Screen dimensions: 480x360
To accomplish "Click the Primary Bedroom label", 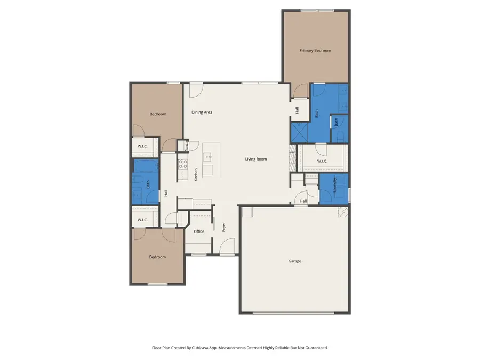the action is pyautogui.click(x=315, y=50).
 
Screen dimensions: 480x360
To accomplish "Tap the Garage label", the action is pyautogui.click(x=294, y=261).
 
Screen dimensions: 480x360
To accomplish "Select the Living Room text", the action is pyautogui.click(x=256, y=159).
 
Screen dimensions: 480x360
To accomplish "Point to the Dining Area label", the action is pyautogui.click(x=202, y=113).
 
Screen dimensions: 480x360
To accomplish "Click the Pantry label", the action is pyautogui.click(x=187, y=146).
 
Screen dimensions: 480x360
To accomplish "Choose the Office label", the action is pyautogui.click(x=199, y=231).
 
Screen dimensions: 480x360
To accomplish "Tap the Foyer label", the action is pyautogui.click(x=224, y=227).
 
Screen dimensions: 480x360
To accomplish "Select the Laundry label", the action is pyautogui.click(x=334, y=185).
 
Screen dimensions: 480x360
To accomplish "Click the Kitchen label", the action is pyautogui.click(x=196, y=174).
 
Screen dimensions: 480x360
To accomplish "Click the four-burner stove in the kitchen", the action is pyautogui.click(x=183, y=164).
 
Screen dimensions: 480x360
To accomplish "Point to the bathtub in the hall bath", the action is pyautogui.click(x=146, y=166).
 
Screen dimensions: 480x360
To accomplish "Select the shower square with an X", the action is pyautogui.click(x=299, y=133).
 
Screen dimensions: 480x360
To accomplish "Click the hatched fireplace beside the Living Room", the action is pyautogui.click(x=293, y=158).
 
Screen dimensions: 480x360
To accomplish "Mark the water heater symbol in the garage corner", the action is pyautogui.click(x=343, y=212).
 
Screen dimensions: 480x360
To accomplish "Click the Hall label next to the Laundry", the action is pyautogui.click(x=303, y=201).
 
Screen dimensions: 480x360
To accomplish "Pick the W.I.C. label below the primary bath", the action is pyautogui.click(x=322, y=161).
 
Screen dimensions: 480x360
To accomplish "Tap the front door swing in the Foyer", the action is pyautogui.click(x=227, y=246).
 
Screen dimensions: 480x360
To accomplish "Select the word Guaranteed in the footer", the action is pyautogui.click(x=317, y=348).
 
